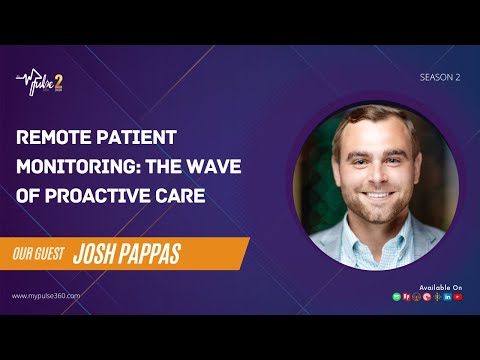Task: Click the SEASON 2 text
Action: click(440, 75)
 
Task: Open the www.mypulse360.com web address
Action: click(46, 296)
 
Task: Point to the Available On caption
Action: click(441, 287)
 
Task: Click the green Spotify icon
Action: click(397, 297)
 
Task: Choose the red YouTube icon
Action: click(458, 297)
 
